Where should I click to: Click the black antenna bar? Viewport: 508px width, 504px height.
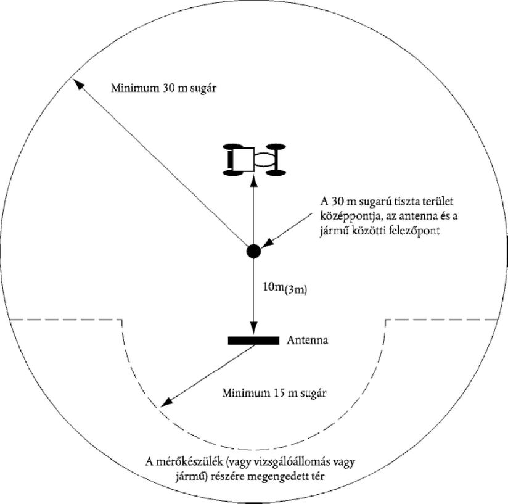253,341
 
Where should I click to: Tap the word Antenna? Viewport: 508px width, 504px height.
307,341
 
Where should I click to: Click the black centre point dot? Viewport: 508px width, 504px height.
253,251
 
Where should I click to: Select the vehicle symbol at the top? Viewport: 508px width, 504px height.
254,159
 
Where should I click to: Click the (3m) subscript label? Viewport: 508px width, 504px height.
295,290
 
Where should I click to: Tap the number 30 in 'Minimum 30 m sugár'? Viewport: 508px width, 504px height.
168,88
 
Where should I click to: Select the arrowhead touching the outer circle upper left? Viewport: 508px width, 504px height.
78,85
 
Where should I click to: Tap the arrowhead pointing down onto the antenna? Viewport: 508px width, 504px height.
253,328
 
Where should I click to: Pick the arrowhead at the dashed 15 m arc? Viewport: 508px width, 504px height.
166,402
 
